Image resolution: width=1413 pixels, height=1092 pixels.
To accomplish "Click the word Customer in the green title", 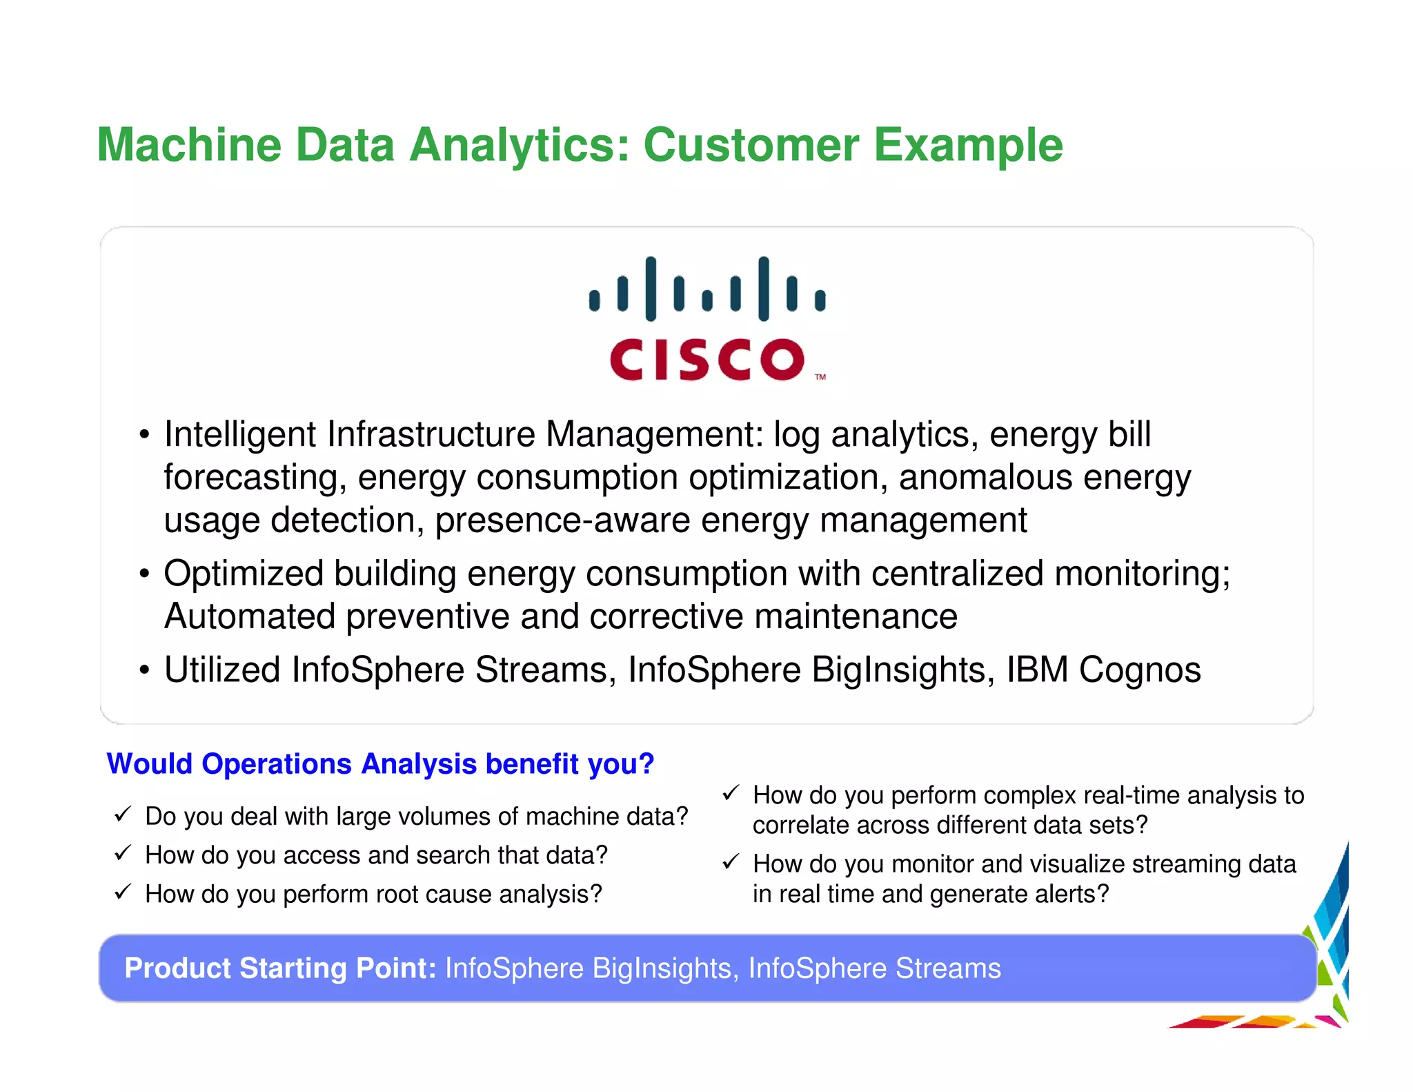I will click(751, 145).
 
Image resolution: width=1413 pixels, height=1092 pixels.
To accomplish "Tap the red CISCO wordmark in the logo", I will click(707, 360).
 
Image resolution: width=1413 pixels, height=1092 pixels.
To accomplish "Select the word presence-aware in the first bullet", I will click(562, 520).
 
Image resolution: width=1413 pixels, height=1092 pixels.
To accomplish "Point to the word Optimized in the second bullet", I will click(244, 574).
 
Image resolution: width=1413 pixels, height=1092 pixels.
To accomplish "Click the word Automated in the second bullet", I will click(249, 616).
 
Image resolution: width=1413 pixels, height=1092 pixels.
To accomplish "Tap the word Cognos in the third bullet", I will click(1140, 670).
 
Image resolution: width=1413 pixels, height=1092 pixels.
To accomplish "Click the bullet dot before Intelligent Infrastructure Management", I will click(144, 436).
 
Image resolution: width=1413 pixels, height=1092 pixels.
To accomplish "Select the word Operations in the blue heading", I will click(277, 764).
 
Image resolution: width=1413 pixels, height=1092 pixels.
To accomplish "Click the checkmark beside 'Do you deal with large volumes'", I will click(123, 815).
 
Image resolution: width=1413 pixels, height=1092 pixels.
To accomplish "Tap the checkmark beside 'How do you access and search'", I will click(123, 853).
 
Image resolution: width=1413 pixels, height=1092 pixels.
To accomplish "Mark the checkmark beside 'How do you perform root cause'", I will click(123, 892).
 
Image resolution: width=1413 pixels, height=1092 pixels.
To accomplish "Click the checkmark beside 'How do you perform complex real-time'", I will click(731, 794).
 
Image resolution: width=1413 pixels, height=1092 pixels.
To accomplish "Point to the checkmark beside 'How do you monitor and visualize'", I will click(731, 862).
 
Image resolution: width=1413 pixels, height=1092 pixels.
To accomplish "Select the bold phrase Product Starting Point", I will click(280, 968).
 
